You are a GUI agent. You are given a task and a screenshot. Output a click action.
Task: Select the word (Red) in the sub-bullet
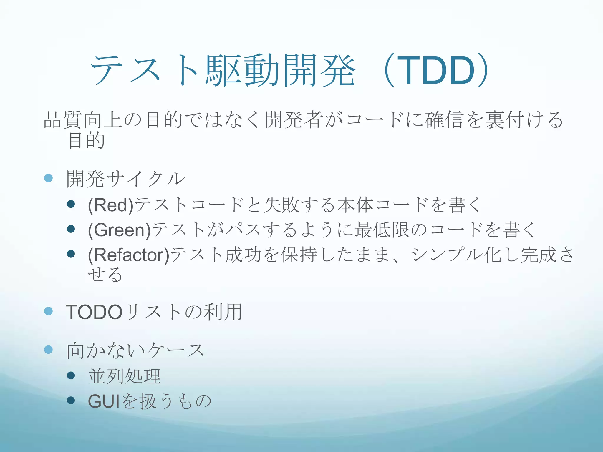coord(111,205)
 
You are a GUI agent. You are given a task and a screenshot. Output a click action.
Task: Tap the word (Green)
coord(119,230)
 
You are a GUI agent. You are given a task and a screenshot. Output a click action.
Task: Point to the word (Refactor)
coord(129,255)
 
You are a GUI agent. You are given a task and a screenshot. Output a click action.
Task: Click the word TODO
coord(94,312)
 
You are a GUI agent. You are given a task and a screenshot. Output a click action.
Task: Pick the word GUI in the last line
coord(104,401)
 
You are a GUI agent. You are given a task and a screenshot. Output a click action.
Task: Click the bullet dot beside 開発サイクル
coord(48,178)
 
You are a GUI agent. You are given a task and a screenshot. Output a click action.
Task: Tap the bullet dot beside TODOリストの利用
coord(48,311)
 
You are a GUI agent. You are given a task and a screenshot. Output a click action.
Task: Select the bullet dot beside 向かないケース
coord(48,350)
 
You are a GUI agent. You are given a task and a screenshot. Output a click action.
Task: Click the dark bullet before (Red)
coord(71,204)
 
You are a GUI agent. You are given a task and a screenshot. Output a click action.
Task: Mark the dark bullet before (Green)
coord(71,229)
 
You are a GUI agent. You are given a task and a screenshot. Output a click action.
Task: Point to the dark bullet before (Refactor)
coord(71,254)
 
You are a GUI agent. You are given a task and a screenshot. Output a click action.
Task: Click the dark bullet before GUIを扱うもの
coord(71,400)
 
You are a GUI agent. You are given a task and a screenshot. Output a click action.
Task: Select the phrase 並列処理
coord(125,376)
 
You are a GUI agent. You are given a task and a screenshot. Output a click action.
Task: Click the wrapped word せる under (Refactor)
coord(105,274)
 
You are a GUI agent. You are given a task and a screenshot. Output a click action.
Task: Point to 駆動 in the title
coord(242,71)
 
